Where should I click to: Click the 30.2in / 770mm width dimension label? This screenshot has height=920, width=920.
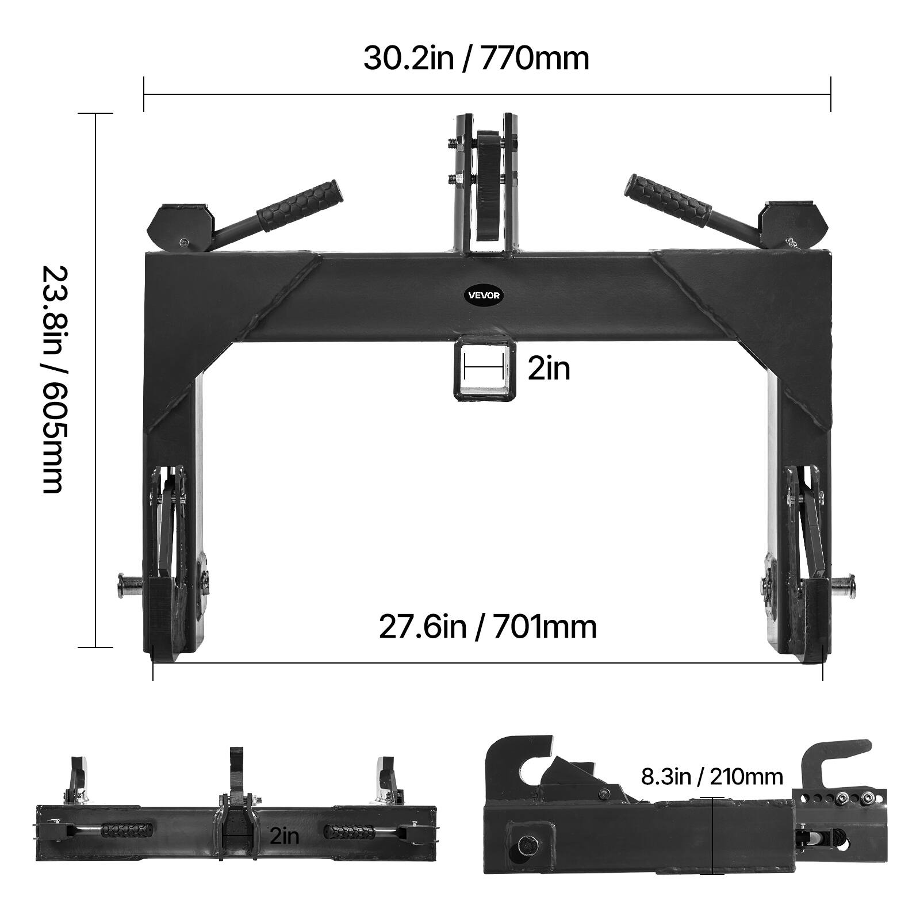click(476, 59)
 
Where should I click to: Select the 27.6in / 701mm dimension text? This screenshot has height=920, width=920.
click(488, 627)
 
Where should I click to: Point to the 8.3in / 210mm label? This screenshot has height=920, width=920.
click(712, 777)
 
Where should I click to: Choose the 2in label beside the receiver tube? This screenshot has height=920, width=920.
click(549, 369)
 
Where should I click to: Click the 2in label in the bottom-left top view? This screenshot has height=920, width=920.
click(285, 835)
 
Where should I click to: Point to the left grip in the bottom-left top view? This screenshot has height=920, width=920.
click(122, 832)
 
